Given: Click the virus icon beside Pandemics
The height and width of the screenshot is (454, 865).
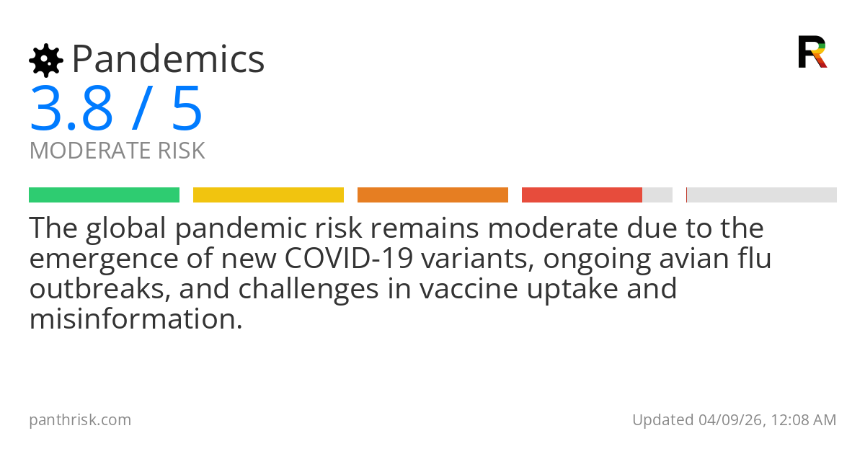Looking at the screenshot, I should tap(46, 61).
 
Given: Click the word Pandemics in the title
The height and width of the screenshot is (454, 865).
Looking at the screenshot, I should tap(168, 59).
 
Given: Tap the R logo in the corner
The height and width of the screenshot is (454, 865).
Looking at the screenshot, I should tap(812, 52).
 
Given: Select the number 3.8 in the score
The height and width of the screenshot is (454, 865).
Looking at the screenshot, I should tap(71, 109).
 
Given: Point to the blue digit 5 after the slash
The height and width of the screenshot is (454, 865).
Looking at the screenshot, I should tap(187, 109).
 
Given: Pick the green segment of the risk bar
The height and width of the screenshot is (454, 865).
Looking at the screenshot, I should tap(104, 195).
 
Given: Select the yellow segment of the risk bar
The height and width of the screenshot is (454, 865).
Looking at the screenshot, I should tap(268, 195).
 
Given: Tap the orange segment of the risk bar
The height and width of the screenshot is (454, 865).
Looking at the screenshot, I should tap(432, 195).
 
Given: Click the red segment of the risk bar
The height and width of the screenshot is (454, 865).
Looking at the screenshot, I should tap(582, 195).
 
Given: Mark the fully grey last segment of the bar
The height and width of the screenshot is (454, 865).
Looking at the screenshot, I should tap(762, 195).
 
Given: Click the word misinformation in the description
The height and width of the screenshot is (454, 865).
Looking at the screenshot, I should tap(136, 319).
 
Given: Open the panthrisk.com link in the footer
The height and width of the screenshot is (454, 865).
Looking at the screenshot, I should tap(80, 420).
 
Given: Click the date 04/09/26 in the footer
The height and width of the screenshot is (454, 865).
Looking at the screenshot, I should tap(727, 420).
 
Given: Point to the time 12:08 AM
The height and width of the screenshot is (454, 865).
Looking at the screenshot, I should tap(803, 420).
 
